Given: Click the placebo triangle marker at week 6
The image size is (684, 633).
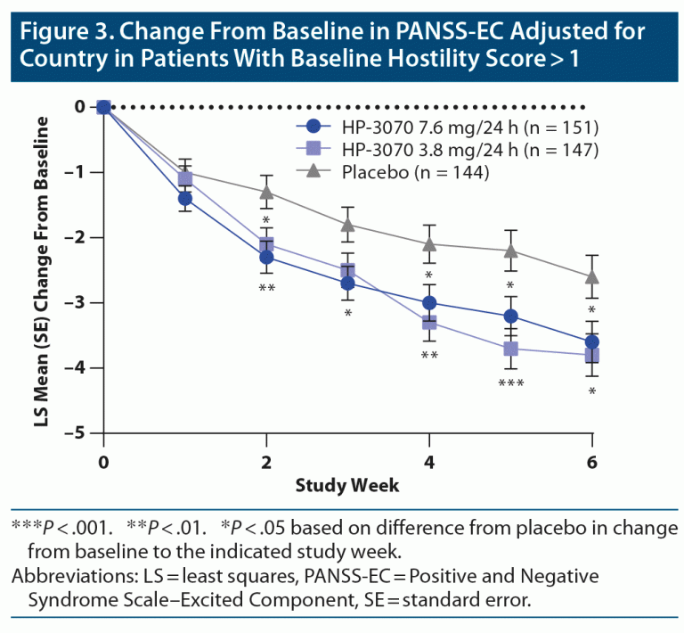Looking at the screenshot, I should point(592,276).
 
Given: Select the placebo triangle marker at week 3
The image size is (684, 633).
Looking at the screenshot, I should point(347,224).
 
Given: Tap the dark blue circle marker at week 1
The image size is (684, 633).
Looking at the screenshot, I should point(184,198).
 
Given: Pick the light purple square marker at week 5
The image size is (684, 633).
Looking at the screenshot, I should point(510,349).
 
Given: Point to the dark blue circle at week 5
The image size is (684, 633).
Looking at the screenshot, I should point(510,316).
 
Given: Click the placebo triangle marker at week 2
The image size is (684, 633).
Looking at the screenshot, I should point(266,192).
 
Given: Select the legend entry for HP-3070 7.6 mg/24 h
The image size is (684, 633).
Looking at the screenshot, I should point(445,126).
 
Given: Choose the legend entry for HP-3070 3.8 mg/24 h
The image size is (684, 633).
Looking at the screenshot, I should point(445,150).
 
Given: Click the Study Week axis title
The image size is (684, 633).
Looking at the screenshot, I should point(347,486).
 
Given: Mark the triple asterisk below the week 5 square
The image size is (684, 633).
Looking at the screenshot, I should point(510,384).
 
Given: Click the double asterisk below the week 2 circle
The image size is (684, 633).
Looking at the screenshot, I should point(266,288).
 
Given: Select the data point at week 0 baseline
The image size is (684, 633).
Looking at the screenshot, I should point(103,107).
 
